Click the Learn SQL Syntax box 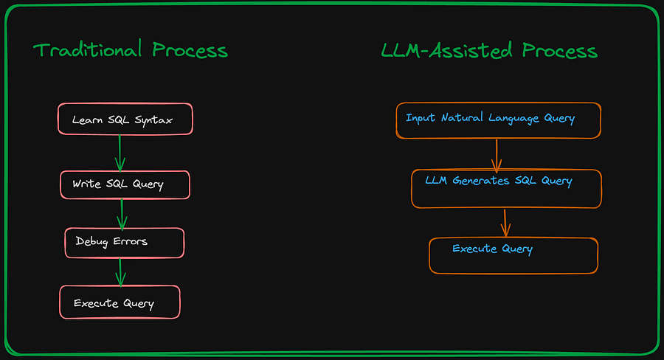[125, 119]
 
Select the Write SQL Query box [125, 184]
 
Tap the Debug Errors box [124, 243]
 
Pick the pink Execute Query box [119, 302]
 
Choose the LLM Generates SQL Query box [506, 188]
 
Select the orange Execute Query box [513, 255]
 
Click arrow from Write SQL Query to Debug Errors [122, 213]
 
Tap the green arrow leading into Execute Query [120, 271]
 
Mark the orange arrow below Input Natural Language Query [497, 154]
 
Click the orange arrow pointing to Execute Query [505, 223]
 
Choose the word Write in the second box [86, 184]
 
